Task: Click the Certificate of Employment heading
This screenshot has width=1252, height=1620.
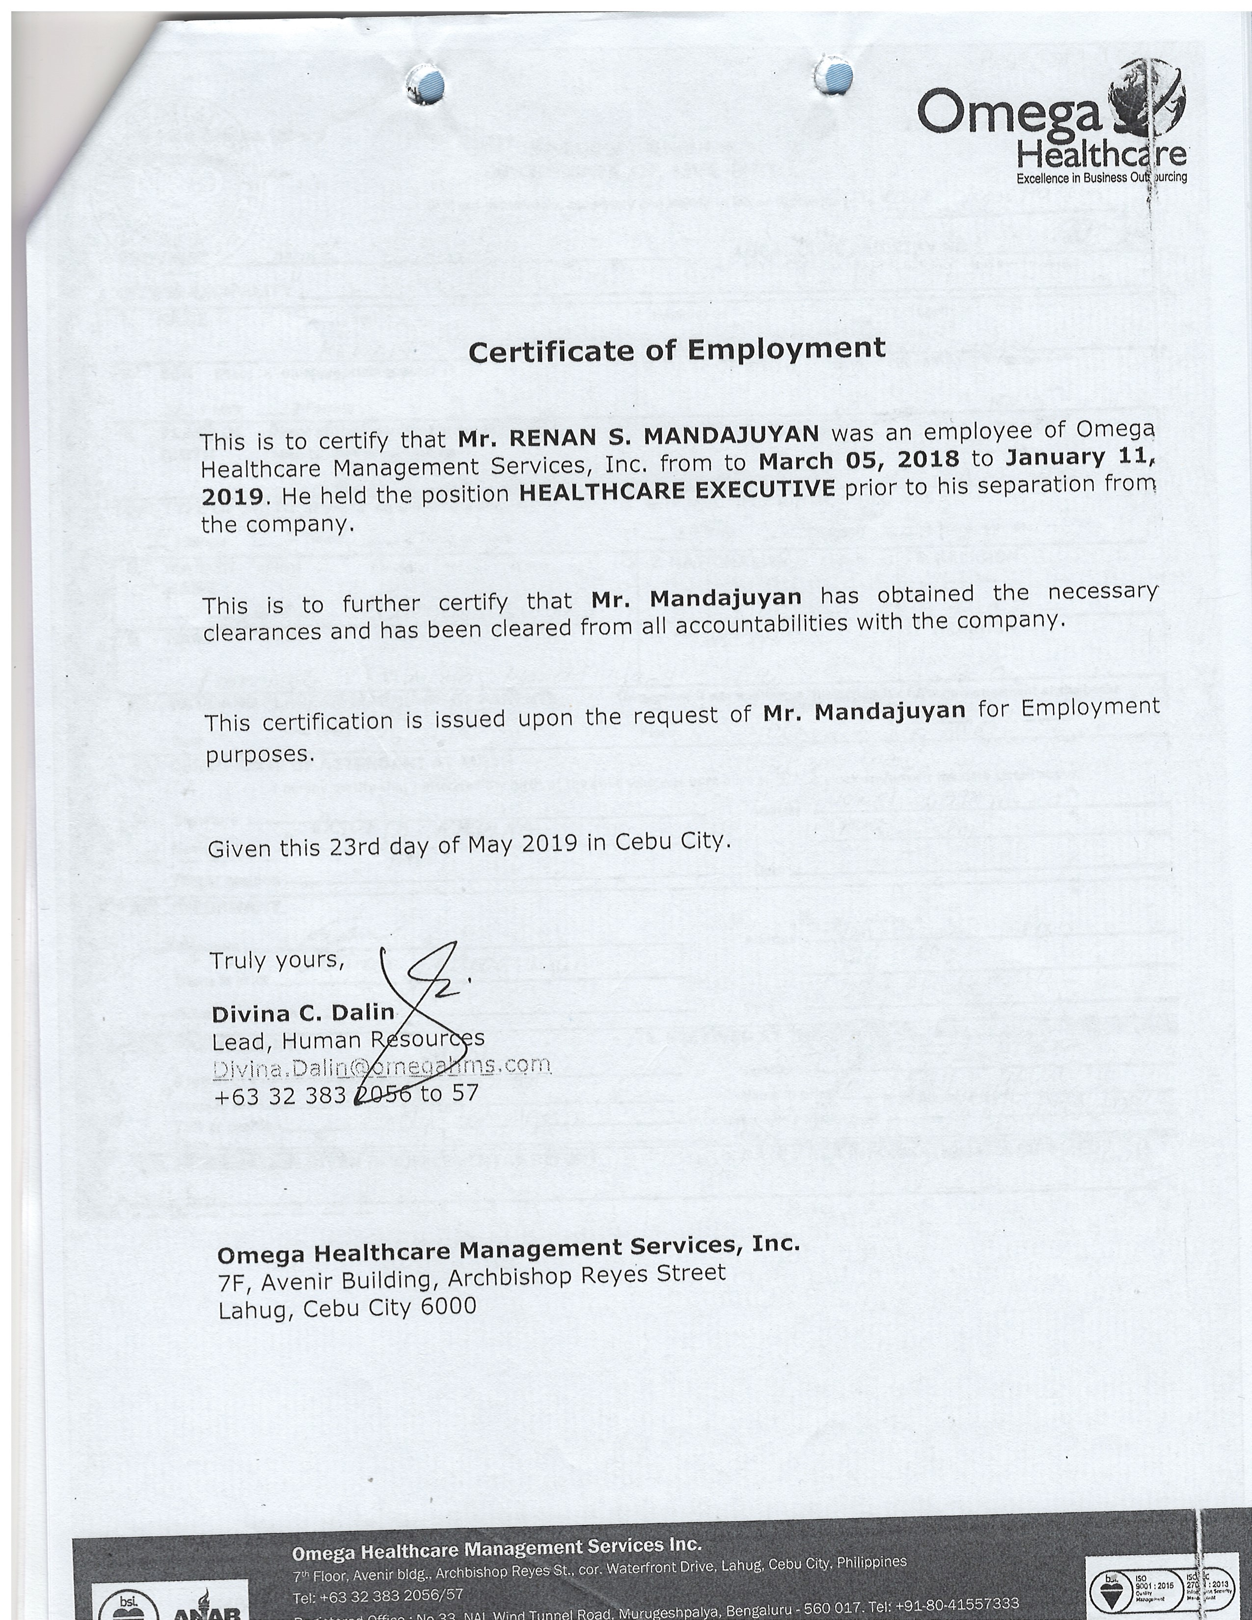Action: coord(677,350)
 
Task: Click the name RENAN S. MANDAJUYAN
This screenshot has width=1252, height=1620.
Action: coord(638,435)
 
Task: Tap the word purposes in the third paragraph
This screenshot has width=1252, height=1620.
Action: coord(260,755)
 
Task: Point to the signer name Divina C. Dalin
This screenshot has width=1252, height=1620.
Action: coord(302,1012)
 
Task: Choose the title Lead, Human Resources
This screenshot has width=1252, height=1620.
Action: coord(348,1040)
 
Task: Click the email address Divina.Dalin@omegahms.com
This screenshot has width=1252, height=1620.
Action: coord(381,1067)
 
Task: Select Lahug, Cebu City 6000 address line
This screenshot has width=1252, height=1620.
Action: coord(346,1308)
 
